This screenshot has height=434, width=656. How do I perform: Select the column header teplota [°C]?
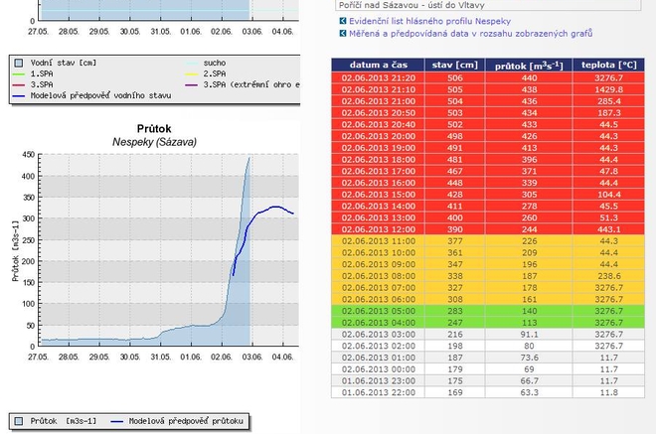pos(609,65)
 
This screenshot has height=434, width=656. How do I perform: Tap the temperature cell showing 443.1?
pos(609,228)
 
